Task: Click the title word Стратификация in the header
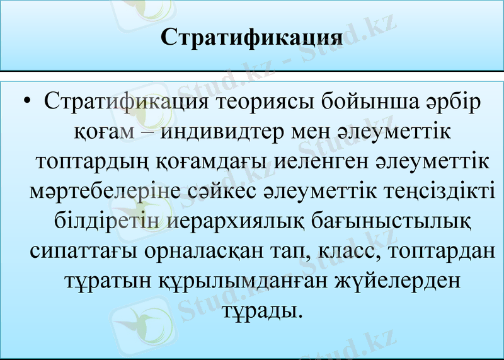(x=252, y=35)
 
